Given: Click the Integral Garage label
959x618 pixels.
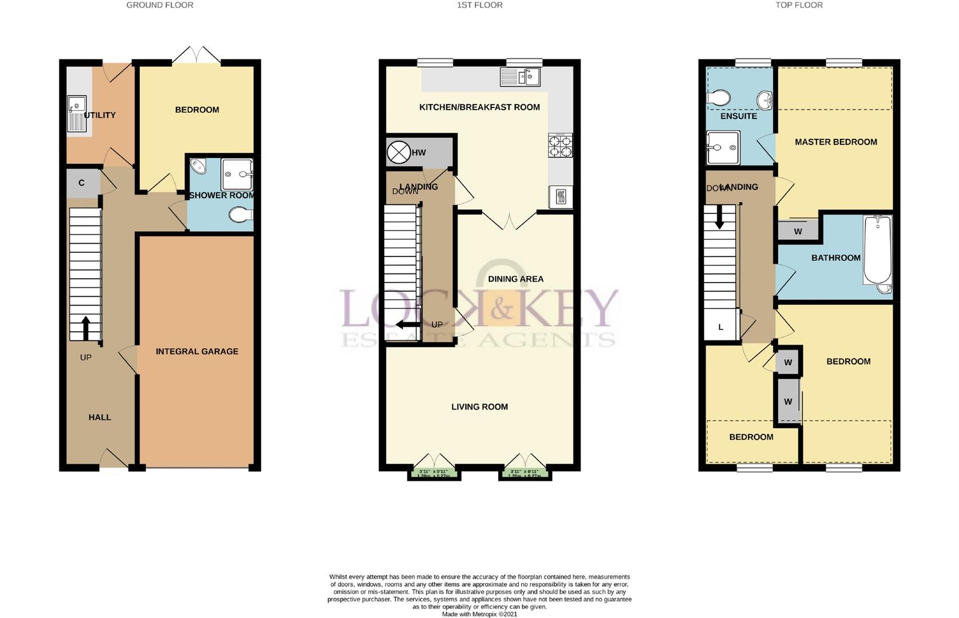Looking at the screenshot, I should pos(197,351).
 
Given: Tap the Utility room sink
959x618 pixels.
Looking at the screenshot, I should pos(76,113).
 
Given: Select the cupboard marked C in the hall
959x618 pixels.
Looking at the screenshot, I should pos(82,183).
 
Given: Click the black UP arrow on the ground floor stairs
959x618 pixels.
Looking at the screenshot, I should pos(86,327).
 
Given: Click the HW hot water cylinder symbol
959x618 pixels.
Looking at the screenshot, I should pos(398,152).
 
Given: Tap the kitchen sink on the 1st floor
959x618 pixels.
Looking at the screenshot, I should pos(520,77).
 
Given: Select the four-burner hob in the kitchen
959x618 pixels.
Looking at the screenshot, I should pos(560,145).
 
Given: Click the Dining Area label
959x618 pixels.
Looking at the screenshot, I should pos(515,279).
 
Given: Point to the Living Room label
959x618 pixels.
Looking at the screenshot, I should pos(479,407).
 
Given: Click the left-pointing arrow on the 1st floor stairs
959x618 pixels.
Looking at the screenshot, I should pos(407,325).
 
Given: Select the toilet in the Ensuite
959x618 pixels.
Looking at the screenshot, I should pos(718,98).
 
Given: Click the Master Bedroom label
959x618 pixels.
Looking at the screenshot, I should pos(835,142).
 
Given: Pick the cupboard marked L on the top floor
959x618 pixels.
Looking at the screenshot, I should pos(721,327).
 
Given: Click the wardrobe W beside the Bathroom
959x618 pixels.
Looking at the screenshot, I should pos(798,231).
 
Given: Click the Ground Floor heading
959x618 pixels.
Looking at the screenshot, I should pos(160,5).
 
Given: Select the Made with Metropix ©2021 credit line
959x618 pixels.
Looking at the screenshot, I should pos(479,614).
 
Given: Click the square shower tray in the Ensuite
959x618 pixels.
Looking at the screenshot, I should pos(723,148).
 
